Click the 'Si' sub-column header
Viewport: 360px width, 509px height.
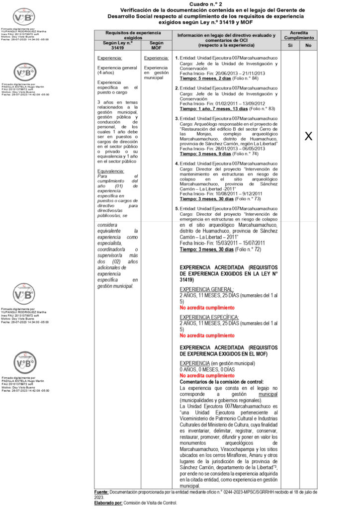click(290, 46)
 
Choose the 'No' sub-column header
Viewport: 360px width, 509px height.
click(308, 46)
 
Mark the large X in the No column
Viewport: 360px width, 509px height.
click(308, 136)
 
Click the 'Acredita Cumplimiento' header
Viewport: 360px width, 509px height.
click(299, 35)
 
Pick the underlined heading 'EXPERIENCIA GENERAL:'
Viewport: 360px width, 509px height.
click(202, 289)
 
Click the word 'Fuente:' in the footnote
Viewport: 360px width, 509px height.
click(101, 492)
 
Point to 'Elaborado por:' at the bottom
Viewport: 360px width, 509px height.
click(108, 503)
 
